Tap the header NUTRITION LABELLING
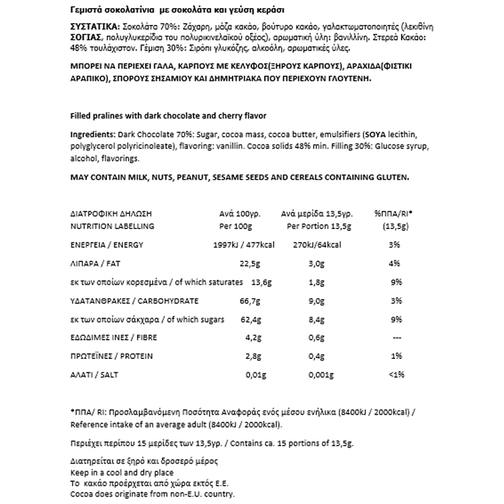click(112, 226)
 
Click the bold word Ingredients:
click(92, 135)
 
